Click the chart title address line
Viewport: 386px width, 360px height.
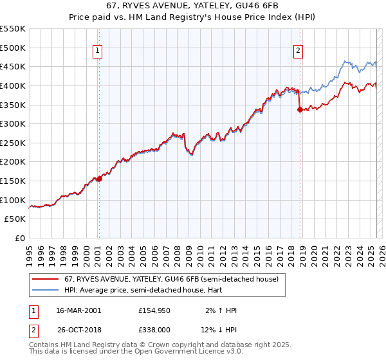(x=193, y=6)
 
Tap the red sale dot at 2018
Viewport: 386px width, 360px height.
(x=300, y=109)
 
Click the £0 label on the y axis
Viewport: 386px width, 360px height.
(x=19, y=238)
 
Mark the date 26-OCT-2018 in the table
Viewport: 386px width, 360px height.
(x=78, y=330)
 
